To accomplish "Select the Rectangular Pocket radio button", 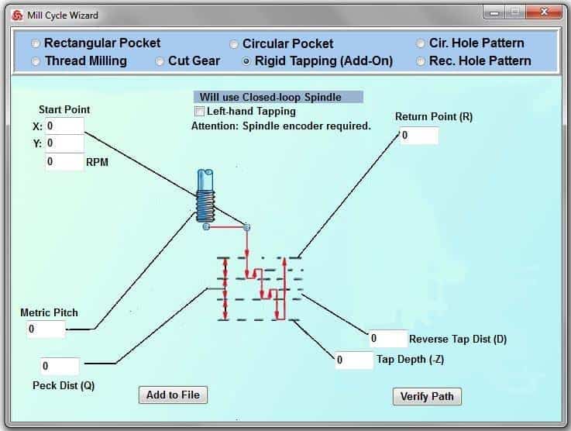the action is (x=36, y=43).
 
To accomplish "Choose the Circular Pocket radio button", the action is (x=234, y=44).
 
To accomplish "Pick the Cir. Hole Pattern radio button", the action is (x=420, y=43).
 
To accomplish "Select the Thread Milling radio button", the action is (x=36, y=61).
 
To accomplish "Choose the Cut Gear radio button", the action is (x=159, y=61).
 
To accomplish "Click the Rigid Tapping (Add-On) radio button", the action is (x=246, y=61).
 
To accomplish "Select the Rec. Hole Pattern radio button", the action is (x=420, y=61).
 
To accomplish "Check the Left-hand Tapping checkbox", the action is (x=200, y=111).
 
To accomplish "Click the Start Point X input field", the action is (x=64, y=126).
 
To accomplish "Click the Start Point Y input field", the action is (x=64, y=143).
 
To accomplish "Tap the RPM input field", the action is (x=64, y=162).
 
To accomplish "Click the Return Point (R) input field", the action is (x=419, y=136).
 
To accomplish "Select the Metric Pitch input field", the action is (x=46, y=329).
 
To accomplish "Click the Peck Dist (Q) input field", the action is (x=60, y=366).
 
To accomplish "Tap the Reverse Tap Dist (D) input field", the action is (x=388, y=339).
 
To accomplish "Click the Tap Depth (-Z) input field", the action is (x=354, y=360).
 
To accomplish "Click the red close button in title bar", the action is (x=543, y=12).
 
